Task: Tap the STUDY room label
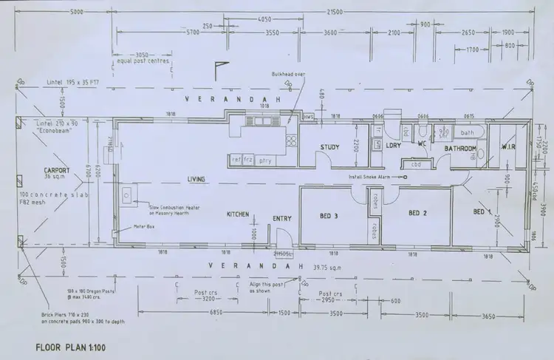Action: pyautogui.click(x=329, y=147)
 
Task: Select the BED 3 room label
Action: pyautogui.click(x=329, y=216)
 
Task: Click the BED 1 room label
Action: pyautogui.click(x=482, y=212)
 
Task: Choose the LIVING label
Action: pyautogui.click(x=196, y=180)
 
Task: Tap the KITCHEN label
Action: pyautogui.click(x=237, y=214)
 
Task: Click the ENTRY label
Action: pyautogui.click(x=282, y=218)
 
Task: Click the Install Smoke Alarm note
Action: pyautogui.click(x=375, y=177)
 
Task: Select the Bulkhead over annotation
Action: pyautogui.click(x=289, y=74)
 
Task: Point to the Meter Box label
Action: pyautogui.click(x=143, y=227)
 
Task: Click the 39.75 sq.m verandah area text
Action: pyautogui.click(x=326, y=265)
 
